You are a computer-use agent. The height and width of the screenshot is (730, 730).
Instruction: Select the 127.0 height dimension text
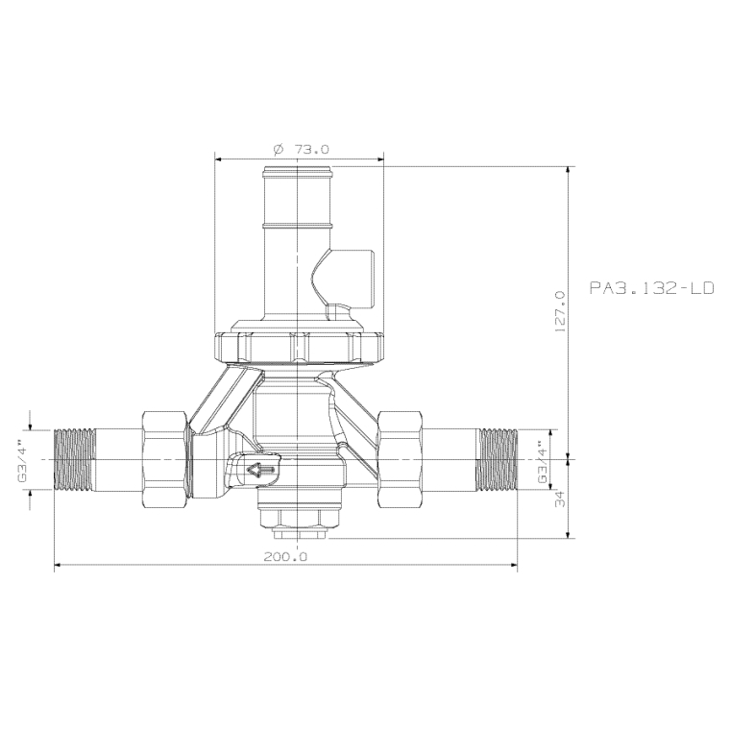tap(560, 309)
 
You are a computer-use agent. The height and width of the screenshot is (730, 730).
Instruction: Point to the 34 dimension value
tap(560, 499)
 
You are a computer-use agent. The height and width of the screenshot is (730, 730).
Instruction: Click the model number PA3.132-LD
tap(652, 287)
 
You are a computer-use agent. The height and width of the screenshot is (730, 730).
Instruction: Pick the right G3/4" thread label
tap(542, 461)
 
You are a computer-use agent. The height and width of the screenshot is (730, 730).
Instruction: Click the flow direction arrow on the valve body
tap(261, 470)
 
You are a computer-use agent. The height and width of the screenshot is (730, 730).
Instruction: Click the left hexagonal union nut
tap(165, 459)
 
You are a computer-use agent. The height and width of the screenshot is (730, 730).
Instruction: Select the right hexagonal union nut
tap(401, 459)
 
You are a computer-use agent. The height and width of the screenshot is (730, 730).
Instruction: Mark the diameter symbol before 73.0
tap(278, 149)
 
